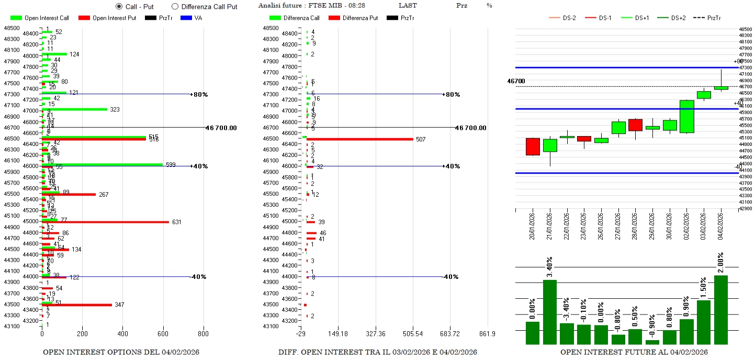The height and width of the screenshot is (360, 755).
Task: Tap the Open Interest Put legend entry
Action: (x=107, y=18)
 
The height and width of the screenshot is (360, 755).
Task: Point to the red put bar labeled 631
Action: (x=105, y=222)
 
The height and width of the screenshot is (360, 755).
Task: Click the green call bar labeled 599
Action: (x=102, y=164)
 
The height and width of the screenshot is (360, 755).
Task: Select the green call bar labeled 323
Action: (x=74, y=109)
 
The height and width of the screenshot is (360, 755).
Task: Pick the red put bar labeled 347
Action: (x=76, y=305)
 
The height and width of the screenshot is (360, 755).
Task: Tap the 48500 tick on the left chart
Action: (x=13, y=28)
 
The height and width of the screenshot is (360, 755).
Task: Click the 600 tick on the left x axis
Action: (x=163, y=333)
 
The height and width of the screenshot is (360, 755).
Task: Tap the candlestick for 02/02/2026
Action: (x=686, y=117)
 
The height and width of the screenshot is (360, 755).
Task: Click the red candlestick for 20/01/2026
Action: (x=532, y=147)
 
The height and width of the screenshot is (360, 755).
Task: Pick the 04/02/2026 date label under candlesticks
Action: (x=721, y=225)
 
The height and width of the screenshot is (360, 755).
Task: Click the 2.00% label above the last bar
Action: (x=720, y=264)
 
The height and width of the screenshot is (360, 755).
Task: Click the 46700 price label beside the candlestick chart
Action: (x=516, y=81)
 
